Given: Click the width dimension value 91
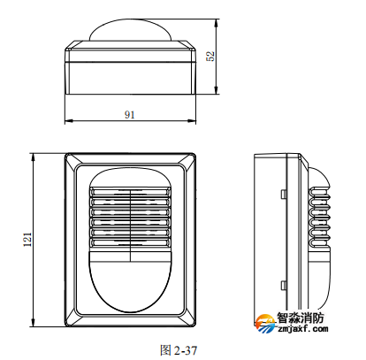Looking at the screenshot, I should [x=129, y=115].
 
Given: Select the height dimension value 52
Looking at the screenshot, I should [x=210, y=56].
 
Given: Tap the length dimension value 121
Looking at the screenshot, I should [x=27, y=238].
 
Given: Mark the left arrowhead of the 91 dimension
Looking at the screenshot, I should [x=69, y=122].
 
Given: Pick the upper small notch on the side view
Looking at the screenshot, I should [x=283, y=191].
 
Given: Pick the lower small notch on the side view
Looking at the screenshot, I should [x=283, y=285].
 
